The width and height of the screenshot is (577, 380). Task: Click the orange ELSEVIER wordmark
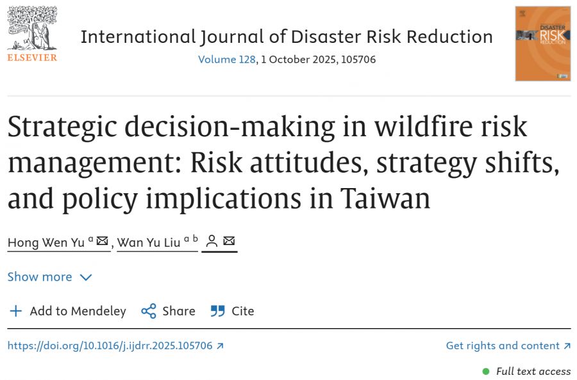pos(32,58)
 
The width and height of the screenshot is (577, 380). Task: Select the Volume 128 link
pos(227,59)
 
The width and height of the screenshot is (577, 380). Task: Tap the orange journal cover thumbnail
pos(542,44)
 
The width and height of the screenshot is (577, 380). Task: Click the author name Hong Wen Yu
pos(46,242)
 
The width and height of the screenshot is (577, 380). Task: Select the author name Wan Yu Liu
pos(148,242)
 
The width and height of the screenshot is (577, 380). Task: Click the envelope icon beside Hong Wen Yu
pos(102,241)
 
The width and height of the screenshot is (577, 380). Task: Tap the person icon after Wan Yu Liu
pos(212,241)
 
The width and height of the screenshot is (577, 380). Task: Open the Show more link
pos(40,277)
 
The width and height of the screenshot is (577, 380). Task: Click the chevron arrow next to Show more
pos(86,278)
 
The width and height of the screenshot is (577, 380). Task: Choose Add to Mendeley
pos(67,311)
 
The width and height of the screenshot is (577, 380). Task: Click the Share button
pos(169,311)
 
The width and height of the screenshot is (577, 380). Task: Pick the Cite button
pos(233,311)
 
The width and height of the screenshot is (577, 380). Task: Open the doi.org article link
pos(110,345)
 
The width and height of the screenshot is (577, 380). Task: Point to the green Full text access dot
pos(486,371)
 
